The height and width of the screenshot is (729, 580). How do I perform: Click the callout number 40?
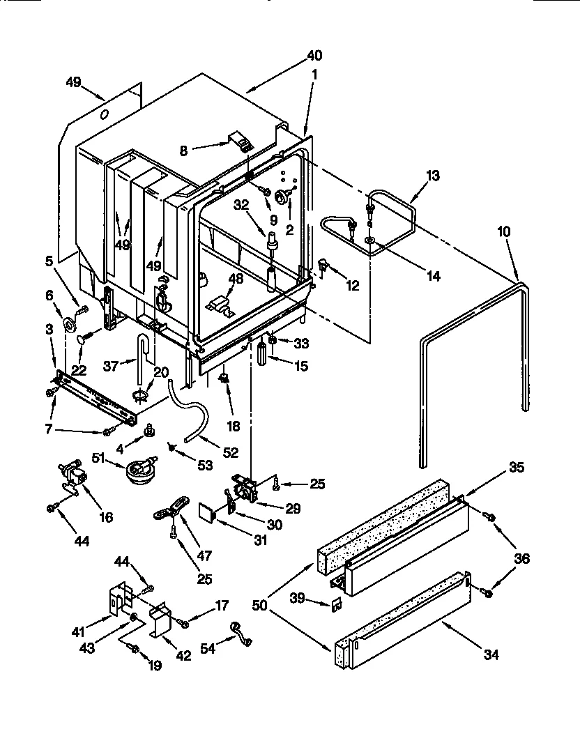(x=314, y=56)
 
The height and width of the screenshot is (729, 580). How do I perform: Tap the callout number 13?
(x=432, y=176)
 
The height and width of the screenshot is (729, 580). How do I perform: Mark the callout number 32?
(x=241, y=206)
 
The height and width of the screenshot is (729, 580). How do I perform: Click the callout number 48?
(x=236, y=279)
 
